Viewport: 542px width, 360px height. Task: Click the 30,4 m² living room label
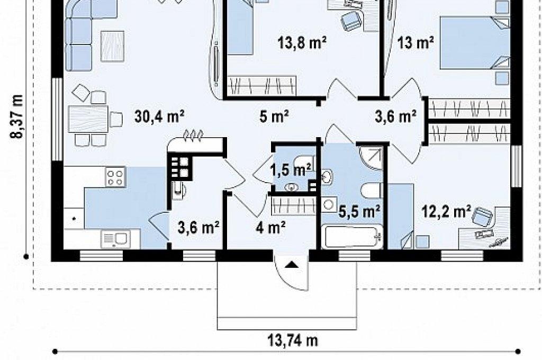159,116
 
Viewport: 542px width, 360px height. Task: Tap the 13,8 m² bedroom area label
302,43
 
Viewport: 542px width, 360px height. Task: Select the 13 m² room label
415,43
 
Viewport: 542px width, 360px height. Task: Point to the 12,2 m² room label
446,211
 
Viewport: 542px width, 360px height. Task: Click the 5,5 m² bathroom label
359,211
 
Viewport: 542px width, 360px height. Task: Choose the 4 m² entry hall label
270,227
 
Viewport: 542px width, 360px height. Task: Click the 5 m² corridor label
274,116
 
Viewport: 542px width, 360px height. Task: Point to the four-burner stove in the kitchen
115,177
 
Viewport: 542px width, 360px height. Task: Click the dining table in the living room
88,119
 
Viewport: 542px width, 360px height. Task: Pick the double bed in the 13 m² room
475,43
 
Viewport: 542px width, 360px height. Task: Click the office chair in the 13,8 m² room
352,20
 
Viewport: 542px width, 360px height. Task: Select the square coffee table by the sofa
112,47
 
